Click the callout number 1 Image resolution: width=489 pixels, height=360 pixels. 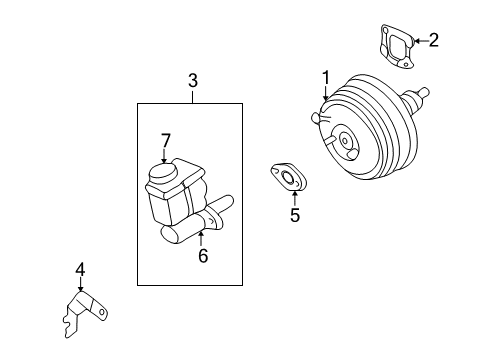click(x=326, y=77)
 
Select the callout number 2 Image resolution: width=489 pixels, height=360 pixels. click(x=433, y=40)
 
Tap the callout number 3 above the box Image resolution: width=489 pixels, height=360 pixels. click(x=193, y=81)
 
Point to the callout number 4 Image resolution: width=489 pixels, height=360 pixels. click(x=80, y=269)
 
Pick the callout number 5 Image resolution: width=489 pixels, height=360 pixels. click(x=295, y=215)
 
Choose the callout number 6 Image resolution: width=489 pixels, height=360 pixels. click(x=203, y=256)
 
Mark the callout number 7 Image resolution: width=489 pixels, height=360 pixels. click(x=166, y=140)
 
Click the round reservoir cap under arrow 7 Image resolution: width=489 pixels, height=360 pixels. click(x=162, y=172)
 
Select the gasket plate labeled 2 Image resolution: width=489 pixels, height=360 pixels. click(x=397, y=46)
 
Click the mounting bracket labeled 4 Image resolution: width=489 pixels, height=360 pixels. click(x=85, y=313)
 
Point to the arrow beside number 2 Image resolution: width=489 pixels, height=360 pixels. click(x=420, y=41)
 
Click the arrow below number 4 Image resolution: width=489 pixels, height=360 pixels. click(x=80, y=284)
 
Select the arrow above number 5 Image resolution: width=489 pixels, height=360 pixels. click(x=295, y=198)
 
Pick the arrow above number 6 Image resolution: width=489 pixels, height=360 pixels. click(x=201, y=239)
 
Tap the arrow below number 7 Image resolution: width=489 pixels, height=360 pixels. click(x=164, y=156)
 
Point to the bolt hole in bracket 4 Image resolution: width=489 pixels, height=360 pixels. click(x=102, y=312)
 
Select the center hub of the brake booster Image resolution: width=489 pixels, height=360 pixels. click(x=345, y=140)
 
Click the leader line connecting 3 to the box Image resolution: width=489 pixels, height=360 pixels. click(x=193, y=96)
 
